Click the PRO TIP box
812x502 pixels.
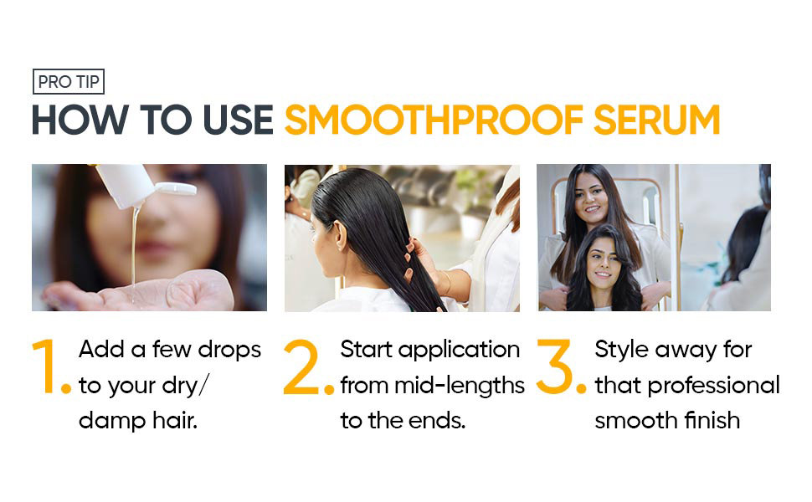pos(69,81)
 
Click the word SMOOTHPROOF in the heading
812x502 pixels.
pos(434,120)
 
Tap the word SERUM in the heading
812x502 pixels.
pos(656,120)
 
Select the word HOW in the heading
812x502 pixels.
pos(80,120)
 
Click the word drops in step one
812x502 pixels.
pos(229,350)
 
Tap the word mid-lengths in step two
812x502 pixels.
pos(460,386)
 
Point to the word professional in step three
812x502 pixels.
pos(713,386)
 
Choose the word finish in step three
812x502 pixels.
pos(712,420)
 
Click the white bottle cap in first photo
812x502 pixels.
pos(177,188)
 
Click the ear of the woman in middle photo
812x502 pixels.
pos(340,234)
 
